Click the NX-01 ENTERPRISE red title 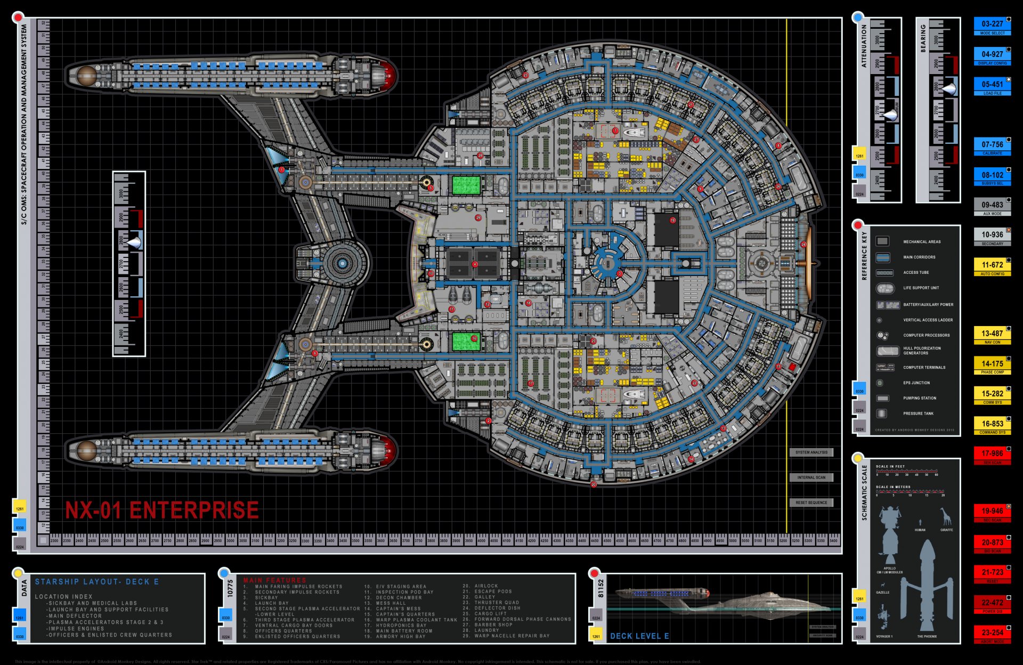[x=161, y=510]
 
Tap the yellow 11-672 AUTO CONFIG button [x=992, y=266]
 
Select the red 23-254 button [x=992, y=634]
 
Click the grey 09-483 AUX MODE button [x=992, y=206]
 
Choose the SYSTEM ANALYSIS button [x=811, y=452]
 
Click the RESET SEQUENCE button [x=811, y=502]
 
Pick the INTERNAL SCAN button [x=811, y=477]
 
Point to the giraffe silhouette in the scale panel [x=946, y=517]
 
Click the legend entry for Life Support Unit [x=920, y=288]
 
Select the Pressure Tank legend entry [x=918, y=413]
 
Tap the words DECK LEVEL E [x=639, y=636]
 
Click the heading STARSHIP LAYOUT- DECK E [x=97, y=582]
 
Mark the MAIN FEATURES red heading [x=274, y=580]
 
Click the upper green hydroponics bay [x=466, y=185]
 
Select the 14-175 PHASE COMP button [x=992, y=366]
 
